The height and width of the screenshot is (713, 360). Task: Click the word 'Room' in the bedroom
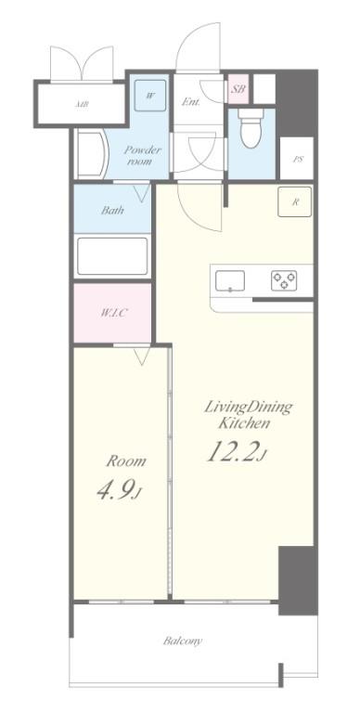point(126,461)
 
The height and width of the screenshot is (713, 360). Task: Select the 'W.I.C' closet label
point(113,313)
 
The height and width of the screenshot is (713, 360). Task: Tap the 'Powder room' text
point(143,155)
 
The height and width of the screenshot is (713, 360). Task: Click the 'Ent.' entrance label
point(192,102)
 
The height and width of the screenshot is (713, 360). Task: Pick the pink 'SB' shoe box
point(238,90)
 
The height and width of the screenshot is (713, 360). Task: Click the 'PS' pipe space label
point(298,160)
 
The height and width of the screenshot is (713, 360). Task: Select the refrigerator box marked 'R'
point(295,202)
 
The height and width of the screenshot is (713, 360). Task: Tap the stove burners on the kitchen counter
point(283,279)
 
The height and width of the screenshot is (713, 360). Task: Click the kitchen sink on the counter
point(230,279)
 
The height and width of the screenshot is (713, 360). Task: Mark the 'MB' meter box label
point(82,105)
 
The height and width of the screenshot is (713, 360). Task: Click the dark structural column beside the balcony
point(298,580)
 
